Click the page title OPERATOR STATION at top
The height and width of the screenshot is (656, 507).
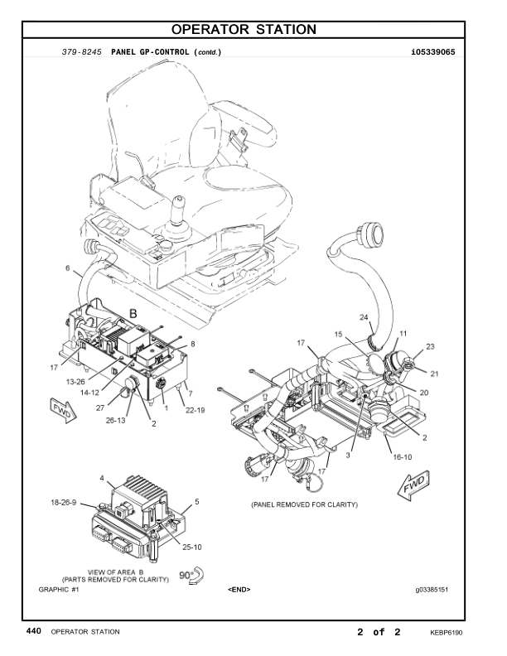tap(244, 29)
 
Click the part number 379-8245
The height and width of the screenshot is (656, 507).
tap(81, 52)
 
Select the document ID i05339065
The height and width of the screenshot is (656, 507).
tap(433, 52)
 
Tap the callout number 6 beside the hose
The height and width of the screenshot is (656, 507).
tap(68, 268)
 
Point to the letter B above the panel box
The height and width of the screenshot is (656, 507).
tap(133, 314)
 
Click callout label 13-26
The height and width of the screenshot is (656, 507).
tap(75, 382)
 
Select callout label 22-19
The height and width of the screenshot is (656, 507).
tap(196, 410)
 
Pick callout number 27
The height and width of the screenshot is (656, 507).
tap(100, 408)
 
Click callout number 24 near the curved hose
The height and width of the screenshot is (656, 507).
tap(364, 317)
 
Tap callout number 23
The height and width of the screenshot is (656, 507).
tap(430, 346)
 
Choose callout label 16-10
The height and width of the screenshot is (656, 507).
tap(402, 457)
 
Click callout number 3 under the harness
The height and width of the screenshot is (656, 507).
tap(348, 455)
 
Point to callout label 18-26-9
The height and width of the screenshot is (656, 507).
tap(64, 503)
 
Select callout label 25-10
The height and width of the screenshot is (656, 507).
tap(192, 547)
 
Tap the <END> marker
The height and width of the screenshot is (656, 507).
tap(239, 590)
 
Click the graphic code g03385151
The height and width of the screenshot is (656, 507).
tap(432, 590)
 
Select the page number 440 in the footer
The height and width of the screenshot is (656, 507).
tap(33, 631)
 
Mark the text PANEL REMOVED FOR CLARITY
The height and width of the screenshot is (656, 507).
tap(305, 504)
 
